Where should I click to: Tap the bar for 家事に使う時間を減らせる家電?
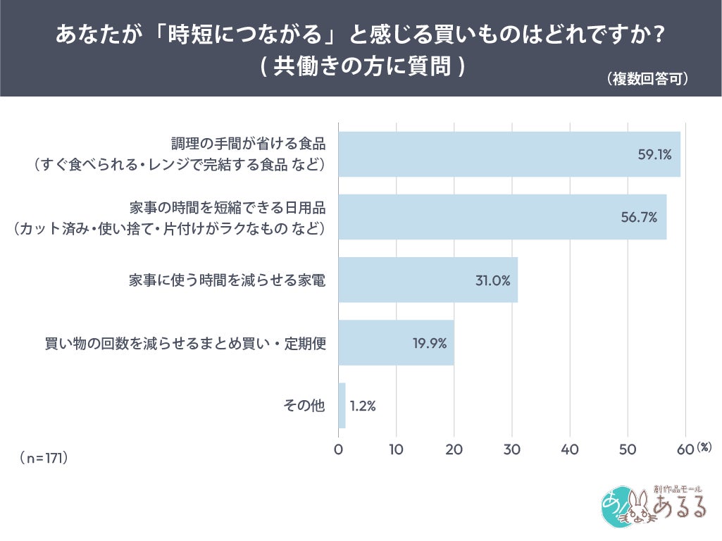(423, 280)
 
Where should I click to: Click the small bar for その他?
(342, 405)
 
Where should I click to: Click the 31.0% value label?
(492, 280)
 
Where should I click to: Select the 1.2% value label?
(363, 406)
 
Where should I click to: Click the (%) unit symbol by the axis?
(705, 447)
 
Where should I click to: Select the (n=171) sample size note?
(44, 458)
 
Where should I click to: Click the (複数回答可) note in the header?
(647, 79)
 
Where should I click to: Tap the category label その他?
(304, 406)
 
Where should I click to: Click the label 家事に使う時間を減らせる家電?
(227, 280)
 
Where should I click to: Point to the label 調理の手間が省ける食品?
(249, 144)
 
